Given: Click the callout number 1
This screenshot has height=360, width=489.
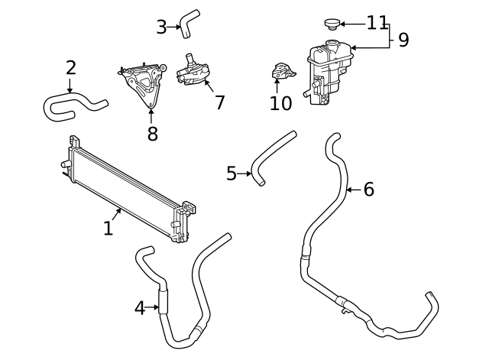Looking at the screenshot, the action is tap(108, 228).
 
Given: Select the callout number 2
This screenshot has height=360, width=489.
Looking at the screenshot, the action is tap(71, 68).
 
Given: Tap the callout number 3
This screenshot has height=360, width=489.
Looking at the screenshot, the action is tap(161, 28).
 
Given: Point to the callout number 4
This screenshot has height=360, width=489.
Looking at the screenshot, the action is tap(140, 308).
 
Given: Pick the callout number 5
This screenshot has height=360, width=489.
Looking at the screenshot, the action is tap(232, 174).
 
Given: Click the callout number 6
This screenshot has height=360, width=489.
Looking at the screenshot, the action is tap(368, 190).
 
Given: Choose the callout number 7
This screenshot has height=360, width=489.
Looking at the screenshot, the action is tap(219, 102).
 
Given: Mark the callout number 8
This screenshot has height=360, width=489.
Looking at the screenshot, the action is tap(153, 134).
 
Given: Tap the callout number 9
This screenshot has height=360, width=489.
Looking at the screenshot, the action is tap(403, 40).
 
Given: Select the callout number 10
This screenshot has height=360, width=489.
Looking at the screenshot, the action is tap(280, 103).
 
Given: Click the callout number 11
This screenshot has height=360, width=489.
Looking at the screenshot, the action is tap(377, 23).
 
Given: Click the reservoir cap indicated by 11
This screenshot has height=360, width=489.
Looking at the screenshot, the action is tap(332, 24).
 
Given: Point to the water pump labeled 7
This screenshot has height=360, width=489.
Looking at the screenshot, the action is tap(192, 72).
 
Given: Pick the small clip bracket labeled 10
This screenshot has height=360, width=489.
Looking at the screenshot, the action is tap(283, 71).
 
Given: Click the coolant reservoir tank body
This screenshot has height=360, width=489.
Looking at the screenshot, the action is tap(329, 72).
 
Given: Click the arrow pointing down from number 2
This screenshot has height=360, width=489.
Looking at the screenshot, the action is tap(70, 86).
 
